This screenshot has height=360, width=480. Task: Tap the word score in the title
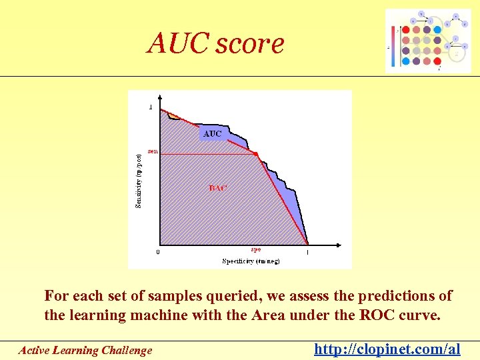coord(249,44)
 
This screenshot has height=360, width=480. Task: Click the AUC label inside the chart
coord(212,134)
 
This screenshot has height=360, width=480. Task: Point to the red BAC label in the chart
coord(218,188)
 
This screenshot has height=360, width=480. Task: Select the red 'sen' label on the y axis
coord(153,151)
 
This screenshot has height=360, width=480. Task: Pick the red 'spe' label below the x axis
coord(255,249)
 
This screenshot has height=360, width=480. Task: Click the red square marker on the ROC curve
coord(255,154)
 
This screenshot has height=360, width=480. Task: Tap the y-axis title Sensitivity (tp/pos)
coord(139,181)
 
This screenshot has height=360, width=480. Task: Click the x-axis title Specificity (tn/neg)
coord(251,261)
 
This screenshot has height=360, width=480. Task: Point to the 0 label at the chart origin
coord(157,252)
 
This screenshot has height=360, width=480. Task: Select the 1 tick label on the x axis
coord(307,252)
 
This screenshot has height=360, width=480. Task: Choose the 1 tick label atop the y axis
coord(151,107)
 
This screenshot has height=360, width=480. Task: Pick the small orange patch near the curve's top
coord(173,115)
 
